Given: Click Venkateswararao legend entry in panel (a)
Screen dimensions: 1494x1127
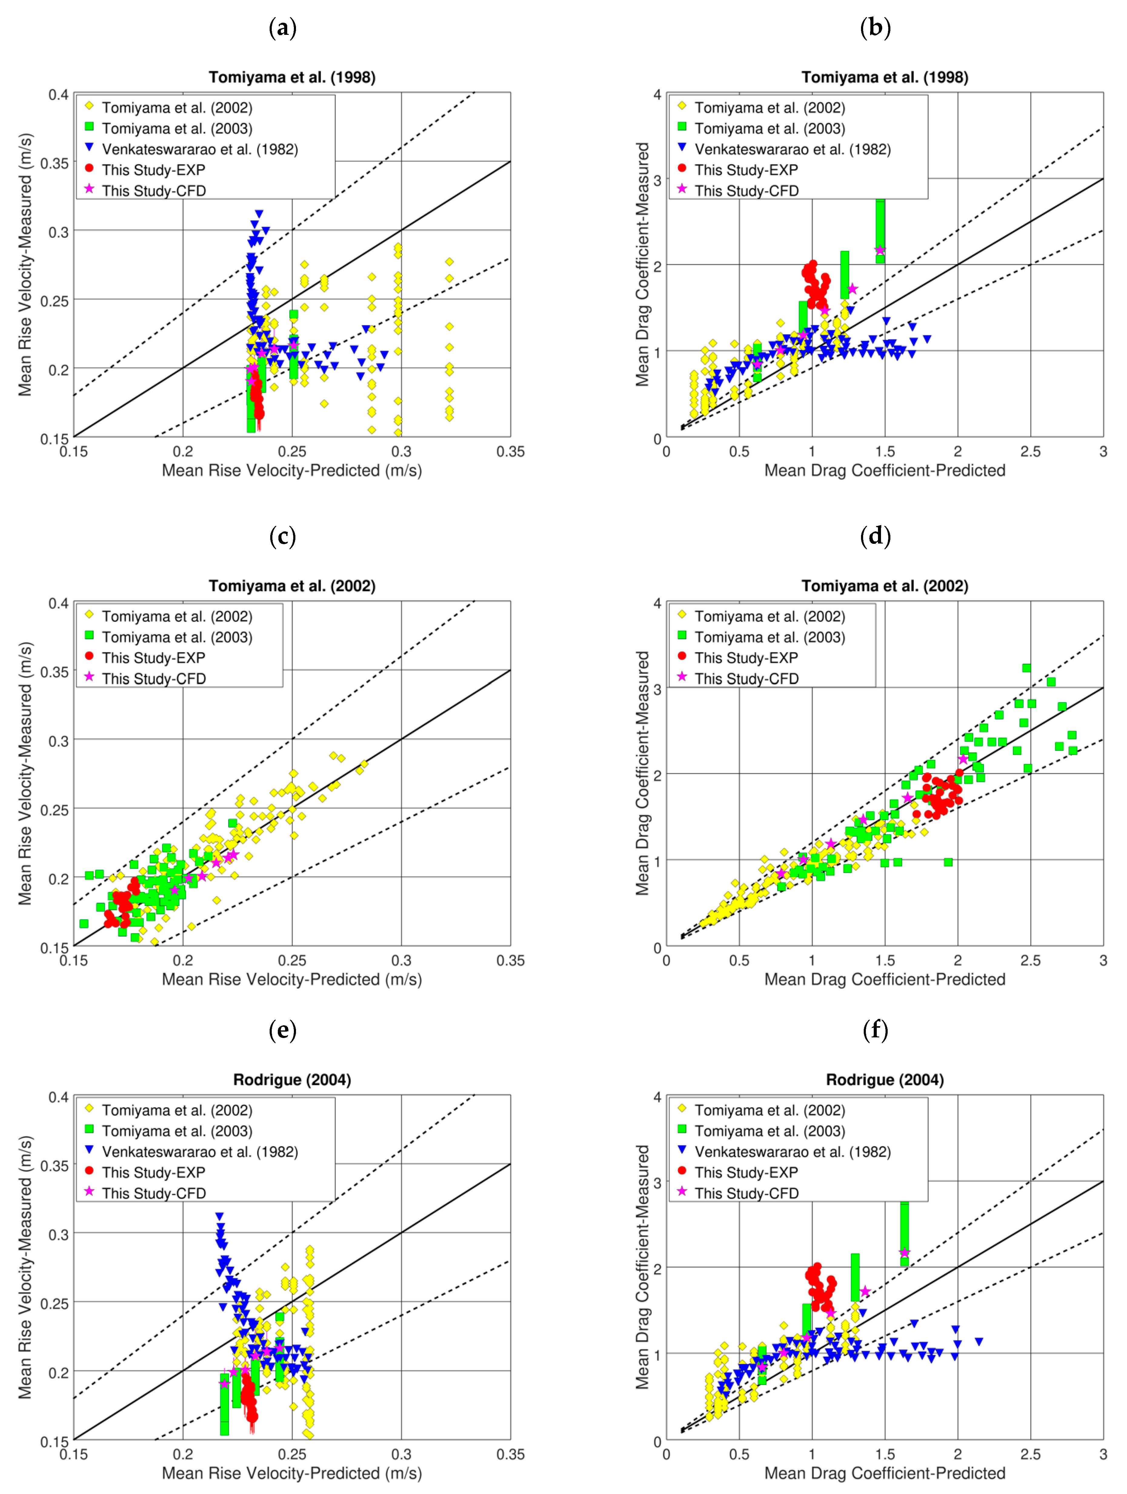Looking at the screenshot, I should [199, 149].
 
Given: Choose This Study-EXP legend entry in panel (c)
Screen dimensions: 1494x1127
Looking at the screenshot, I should [153, 658].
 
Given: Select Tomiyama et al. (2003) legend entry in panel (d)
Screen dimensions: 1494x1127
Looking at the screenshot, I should [770, 637].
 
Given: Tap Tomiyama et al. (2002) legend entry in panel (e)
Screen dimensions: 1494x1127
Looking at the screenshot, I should [177, 1110].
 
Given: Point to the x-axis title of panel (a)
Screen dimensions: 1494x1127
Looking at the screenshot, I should [292, 471].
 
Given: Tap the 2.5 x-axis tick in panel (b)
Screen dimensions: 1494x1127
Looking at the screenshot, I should [1030, 452].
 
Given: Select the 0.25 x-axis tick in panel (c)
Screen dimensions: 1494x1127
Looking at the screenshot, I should [292, 960].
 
